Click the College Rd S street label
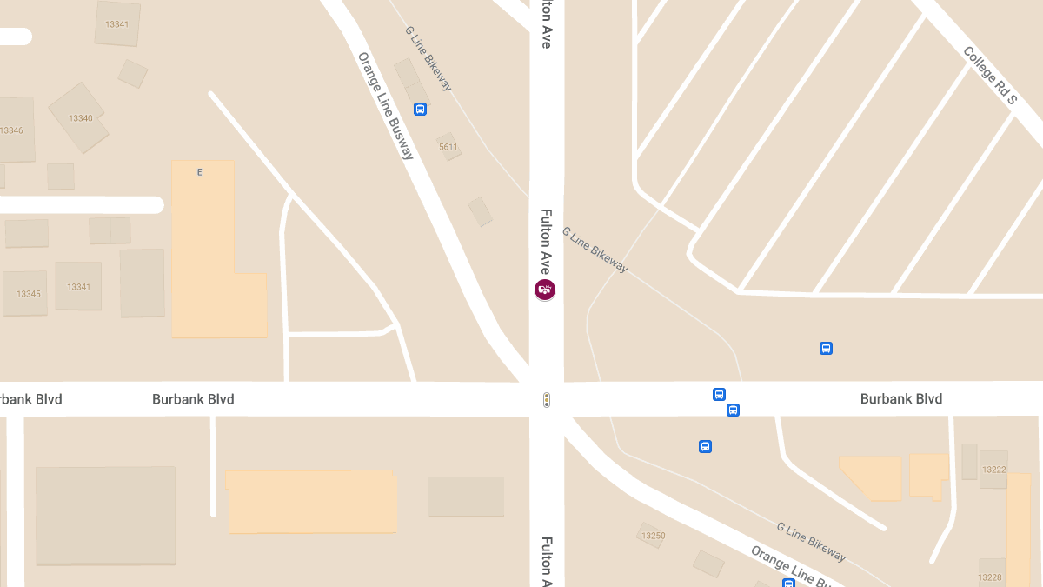point(989,76)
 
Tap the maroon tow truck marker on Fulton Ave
point(545,290)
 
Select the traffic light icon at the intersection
point(547,400)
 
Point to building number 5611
point(448,147)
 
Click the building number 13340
point(80,118)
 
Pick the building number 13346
point(11,130)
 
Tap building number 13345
point(29,294)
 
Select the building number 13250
point(653,536)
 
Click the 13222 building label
point(993,470)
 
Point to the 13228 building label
point(989,577)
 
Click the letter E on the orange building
point(199,172)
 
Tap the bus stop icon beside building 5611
point(420,110)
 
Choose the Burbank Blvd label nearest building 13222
point(900,398)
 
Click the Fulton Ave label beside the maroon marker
point(546,241)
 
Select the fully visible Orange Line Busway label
point(386,106)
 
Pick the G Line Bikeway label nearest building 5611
point(428,58)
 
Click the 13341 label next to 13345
point(79,287)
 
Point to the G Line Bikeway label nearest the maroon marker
point(595,250)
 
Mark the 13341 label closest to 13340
point(116,24)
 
